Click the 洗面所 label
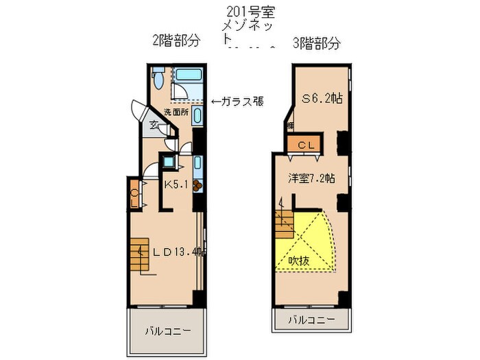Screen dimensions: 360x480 click(176, 112)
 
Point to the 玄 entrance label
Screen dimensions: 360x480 click(155, 125)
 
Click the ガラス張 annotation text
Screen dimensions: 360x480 click(237, 101)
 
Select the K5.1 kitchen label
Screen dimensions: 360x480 click(177, 184)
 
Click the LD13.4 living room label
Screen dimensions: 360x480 click(179, 252)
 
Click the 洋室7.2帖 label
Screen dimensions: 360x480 click(311, 178)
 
